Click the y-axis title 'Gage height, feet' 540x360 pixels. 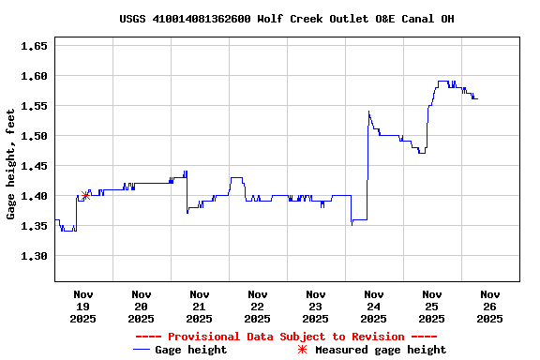11,164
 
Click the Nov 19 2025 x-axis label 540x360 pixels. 83,307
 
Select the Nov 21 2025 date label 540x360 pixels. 199,307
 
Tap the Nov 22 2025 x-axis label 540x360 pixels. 257,307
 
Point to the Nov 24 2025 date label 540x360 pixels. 373,307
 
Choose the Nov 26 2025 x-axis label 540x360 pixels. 489,307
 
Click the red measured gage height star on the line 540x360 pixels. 86,195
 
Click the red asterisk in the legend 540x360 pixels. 302,350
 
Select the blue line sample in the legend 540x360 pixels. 142,350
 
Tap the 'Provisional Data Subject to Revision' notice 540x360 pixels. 286,337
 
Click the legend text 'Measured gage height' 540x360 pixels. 381,350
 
